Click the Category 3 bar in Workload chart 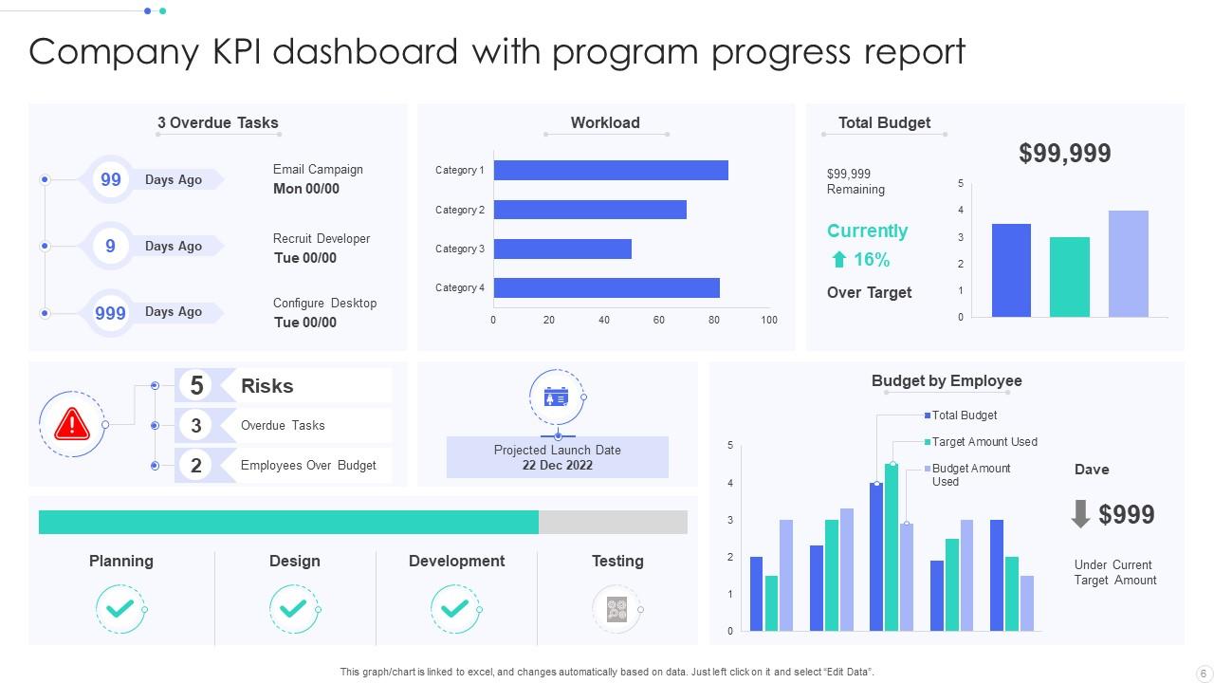click(x=562, y=249)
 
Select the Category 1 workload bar click(x=611, y=171)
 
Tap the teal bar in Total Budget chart click(x=1069, y=277)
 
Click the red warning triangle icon click(x=72, y=424)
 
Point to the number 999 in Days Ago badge click(x=111, y=312)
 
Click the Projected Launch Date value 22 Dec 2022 click(x=557, y=465)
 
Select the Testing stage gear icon click(x=616, y=608)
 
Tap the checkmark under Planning click(x=120, y=608)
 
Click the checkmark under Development click(x=455, y=608)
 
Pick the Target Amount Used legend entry click(x=984, y=442)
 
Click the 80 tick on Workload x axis click(x=714, y=320)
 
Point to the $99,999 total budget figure click(x=1064, y=154)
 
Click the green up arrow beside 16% click(x=838, y=260)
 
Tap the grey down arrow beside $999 click(x=1080, y=514)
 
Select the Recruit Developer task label click(x=322, y=239)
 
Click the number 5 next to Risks click(x=196, y=385)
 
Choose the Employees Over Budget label click(x=308, y=466)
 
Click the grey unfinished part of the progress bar click(x=613, y=523)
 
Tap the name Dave click(x=1092, y=470)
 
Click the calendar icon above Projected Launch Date click(x=556, y=397)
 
